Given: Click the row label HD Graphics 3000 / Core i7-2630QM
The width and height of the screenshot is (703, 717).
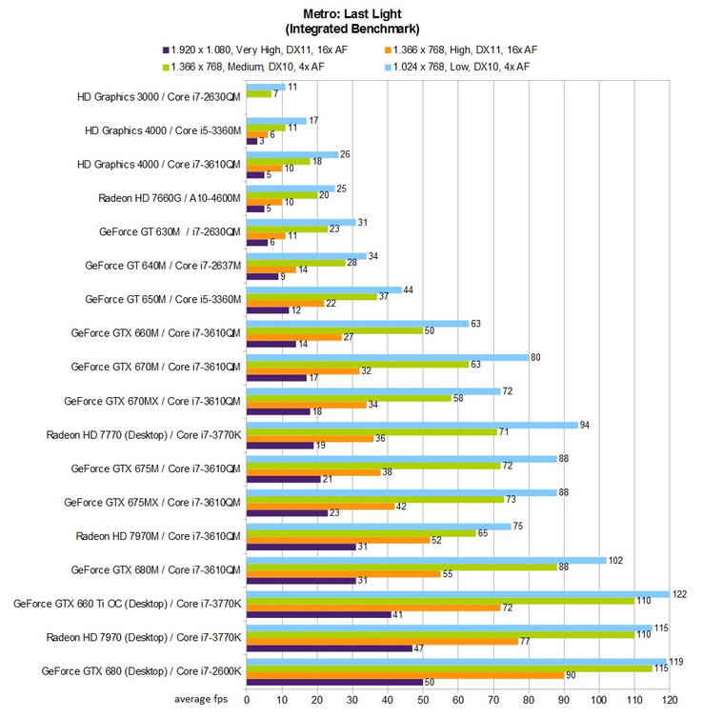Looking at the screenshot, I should click(159, 96).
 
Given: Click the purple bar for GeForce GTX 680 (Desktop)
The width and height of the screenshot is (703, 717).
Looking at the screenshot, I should click(334, 682).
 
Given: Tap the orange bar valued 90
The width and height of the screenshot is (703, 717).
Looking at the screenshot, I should click(404, 675).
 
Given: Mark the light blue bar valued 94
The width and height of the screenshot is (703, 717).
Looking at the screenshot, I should click(411, 425).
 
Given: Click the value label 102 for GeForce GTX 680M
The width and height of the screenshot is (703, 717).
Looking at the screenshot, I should click(615, 560).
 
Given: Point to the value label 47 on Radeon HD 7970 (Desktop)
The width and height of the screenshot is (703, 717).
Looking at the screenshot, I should click(420, 647).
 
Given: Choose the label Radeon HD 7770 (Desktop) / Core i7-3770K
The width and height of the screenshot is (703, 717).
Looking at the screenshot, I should click(143, 434).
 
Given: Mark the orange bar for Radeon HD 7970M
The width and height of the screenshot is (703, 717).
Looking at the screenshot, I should click(337, 540).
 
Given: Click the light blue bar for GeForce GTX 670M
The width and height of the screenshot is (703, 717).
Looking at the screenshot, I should click(387, 357).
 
